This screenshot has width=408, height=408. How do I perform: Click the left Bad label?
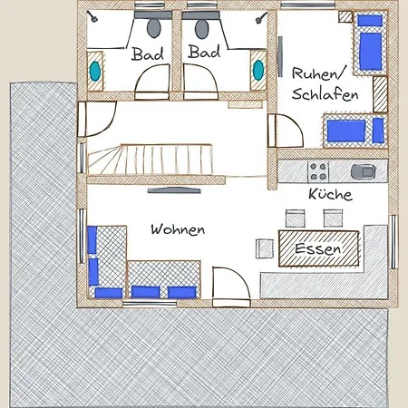point(148,54)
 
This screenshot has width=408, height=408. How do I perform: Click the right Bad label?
point(204,53)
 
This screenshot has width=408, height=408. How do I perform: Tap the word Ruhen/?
point(316,72)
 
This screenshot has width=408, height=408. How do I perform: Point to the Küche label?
point(330,194)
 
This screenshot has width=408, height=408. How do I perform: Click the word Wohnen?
point(178,229)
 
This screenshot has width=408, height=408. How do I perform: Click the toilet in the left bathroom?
point(149,22)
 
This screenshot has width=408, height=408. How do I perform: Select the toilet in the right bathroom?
point(201,22)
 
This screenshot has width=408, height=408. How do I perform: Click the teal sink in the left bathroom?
point(95,68)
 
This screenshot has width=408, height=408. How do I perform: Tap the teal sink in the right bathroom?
point(257,68)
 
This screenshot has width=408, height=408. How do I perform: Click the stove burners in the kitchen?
point(318,170)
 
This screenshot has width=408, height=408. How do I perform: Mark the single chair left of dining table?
point(265,248)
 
